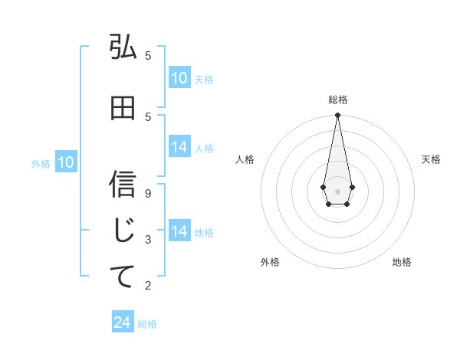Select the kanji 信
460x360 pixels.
pyautogui.click(x=123, y=184)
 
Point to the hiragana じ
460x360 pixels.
pyautogui.click(x=123, y=230)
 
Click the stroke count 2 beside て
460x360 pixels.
pyautogui.click(x=148, y=286)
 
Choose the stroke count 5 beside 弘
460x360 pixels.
pyautogui.click(x=148, y=55)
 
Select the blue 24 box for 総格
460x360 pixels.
pyautogui.click(x=123, y=323)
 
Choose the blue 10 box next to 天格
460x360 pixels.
pyautogui.click(x=179, y=78)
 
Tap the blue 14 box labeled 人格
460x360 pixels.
pyautogui.click(x=179, y=148)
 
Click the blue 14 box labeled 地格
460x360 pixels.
pyautogui.click(x=179, y=231)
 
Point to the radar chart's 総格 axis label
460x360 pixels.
pyautogui.click(x=337, y=100)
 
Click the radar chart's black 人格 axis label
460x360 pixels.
pyautogui.click(x=245, y=159)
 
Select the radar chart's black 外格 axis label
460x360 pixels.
pyautogui.click(x=270, y=262)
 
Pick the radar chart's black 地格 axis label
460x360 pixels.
pyautogui.click(x=402, y=262)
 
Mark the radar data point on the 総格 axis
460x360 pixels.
pyautogui.click(x=337, y=116)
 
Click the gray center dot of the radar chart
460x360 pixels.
pyautogui.click(x=337, y=190)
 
